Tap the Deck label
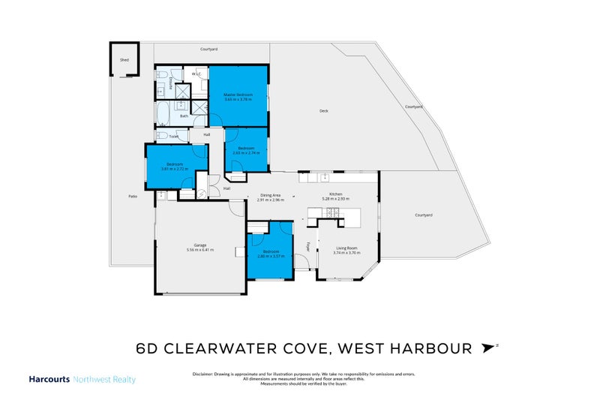tap(324, 111)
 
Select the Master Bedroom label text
tap(238, 95)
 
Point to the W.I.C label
tap(197, 74)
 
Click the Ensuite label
tap(171, 83)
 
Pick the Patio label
tap(133, 196)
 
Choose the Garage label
tap(200, 245)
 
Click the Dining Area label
tap(270, 195)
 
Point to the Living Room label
tap(346, 248)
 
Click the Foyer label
tap(307, 245)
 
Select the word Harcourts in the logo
tap(49, 380)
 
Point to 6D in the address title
tap(148, 349)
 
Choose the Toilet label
tap(174, 137)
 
